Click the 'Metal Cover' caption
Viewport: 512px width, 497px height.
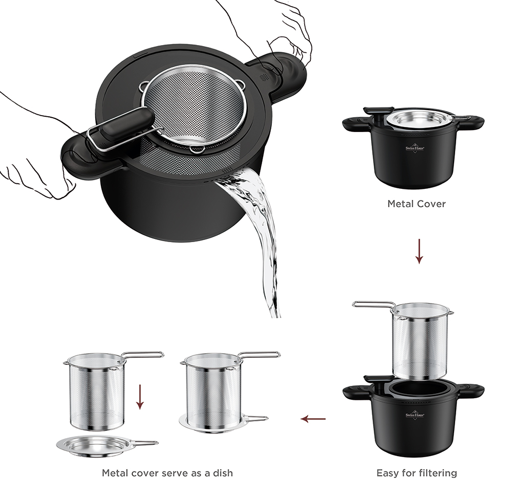click(416, 204)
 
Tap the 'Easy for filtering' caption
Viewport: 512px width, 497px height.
click(417, 473)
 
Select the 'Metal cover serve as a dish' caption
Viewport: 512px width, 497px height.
click(167, 473)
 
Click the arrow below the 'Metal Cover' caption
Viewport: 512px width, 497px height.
click(419, 251)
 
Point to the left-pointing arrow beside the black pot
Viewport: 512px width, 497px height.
click(313, 419)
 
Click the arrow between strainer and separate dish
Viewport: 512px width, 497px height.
click(140, 397)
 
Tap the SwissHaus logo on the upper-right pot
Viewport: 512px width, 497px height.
click(415, 148)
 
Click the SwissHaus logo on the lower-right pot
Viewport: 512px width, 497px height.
click(415, 415)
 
